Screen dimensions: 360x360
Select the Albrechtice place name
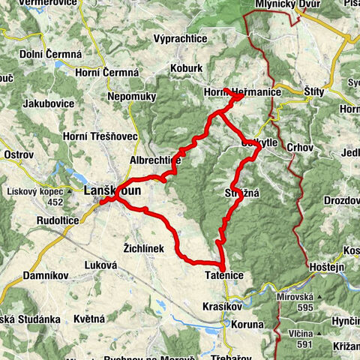pyautogui.click(x=155, y=160)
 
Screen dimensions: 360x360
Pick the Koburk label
pyautogui.click(x=187, y=67)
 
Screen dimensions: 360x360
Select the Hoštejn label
pyautogui.click(x=328, y=267)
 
